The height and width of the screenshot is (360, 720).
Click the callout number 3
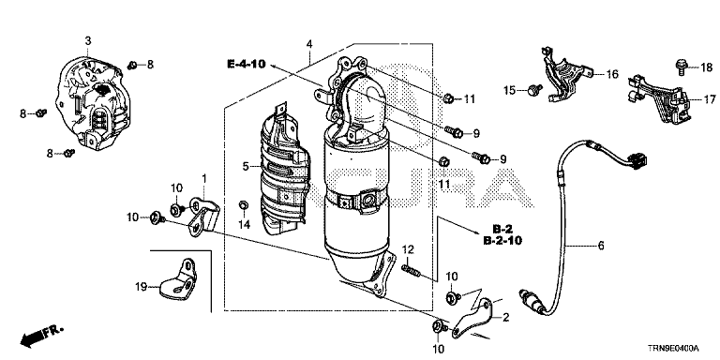pyautogui.click(x=88, y=41)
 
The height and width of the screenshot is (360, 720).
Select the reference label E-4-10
pyautogui.click(x=247, y=64)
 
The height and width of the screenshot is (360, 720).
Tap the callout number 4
pyautogui.click(x=309, y=44)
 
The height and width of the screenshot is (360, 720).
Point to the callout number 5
pyautogui.click(x=246, y=166)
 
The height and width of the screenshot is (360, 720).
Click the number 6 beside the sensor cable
pyautogui.click(x=601, y=246)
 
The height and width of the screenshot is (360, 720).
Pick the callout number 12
pyautogui.click(x=408, y=249)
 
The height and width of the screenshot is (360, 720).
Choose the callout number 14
pyautogui.click(x=245, y=225)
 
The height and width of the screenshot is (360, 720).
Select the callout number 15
pyautogui.click(x=510, y=90)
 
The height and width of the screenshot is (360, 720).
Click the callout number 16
pyautogui.click(x=612, y=74)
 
